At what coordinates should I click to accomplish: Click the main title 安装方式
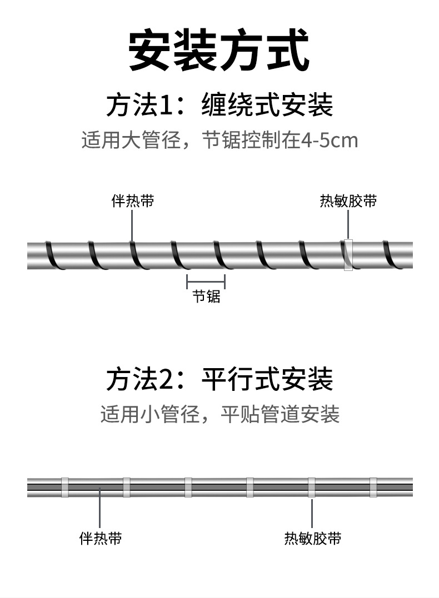pyautogui.click(x=219, y=52)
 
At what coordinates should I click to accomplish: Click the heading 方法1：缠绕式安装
pyautogui.click(x=219, y=105)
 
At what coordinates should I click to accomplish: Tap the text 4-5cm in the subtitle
pyautogui.click(x=329, y=140)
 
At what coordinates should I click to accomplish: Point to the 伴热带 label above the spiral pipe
pyautogui.click(x=132, y=200)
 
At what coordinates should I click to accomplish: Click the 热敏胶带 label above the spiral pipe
pyautogui.click(x=348, y=200)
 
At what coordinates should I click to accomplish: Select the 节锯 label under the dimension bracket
pyautogui.click(x=206, y=297)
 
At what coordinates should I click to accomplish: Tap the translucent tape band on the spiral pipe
pyautogui.click(x=348, y=255)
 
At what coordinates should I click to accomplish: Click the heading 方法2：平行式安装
pyautogui.click(x=219, y=379)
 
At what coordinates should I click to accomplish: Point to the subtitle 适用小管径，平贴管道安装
pyautogui.click(x=219, y=414)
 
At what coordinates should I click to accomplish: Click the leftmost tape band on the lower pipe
pyautogui.click(x=65, y=487)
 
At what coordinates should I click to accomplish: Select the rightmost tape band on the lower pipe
pyautogui.click(x=373, y=487)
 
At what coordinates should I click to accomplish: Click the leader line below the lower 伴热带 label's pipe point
pyautogui.click(x=100, y=508)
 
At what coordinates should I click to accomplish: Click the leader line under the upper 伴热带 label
pyautogui.click(x=132, y=225)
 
